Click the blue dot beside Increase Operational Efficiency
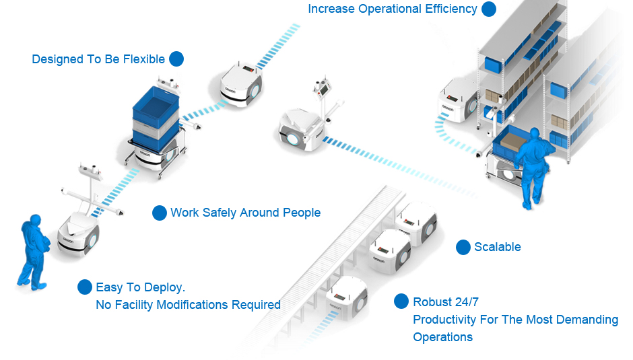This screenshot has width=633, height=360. tap(489, 9)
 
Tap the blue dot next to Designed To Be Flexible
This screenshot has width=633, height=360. tap(176, 59)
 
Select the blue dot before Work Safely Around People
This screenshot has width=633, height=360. tap(160, 213)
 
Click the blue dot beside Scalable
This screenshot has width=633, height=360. tap(463, 247)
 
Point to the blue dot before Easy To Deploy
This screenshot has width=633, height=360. tap(85, 287)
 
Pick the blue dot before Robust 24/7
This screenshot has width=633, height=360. tap(401, 301)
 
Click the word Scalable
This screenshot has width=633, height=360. tap(498, 247)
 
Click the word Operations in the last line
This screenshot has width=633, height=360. tap(442, 336)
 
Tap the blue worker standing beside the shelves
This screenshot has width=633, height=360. tap(534, 165)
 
